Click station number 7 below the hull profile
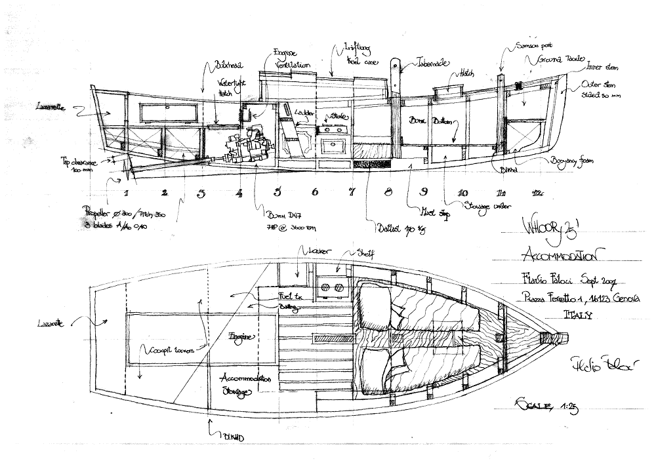click(352, 191)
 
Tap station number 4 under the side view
click(239, 193)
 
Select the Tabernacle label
click(431, 64)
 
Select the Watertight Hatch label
click(229, 89)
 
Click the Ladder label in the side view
click(302, 113)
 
